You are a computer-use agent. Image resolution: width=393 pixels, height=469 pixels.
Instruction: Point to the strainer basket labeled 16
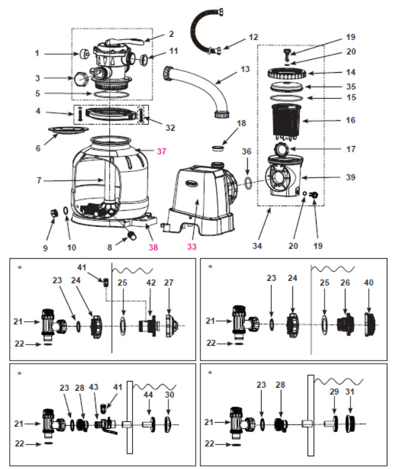[x=286, y=120]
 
